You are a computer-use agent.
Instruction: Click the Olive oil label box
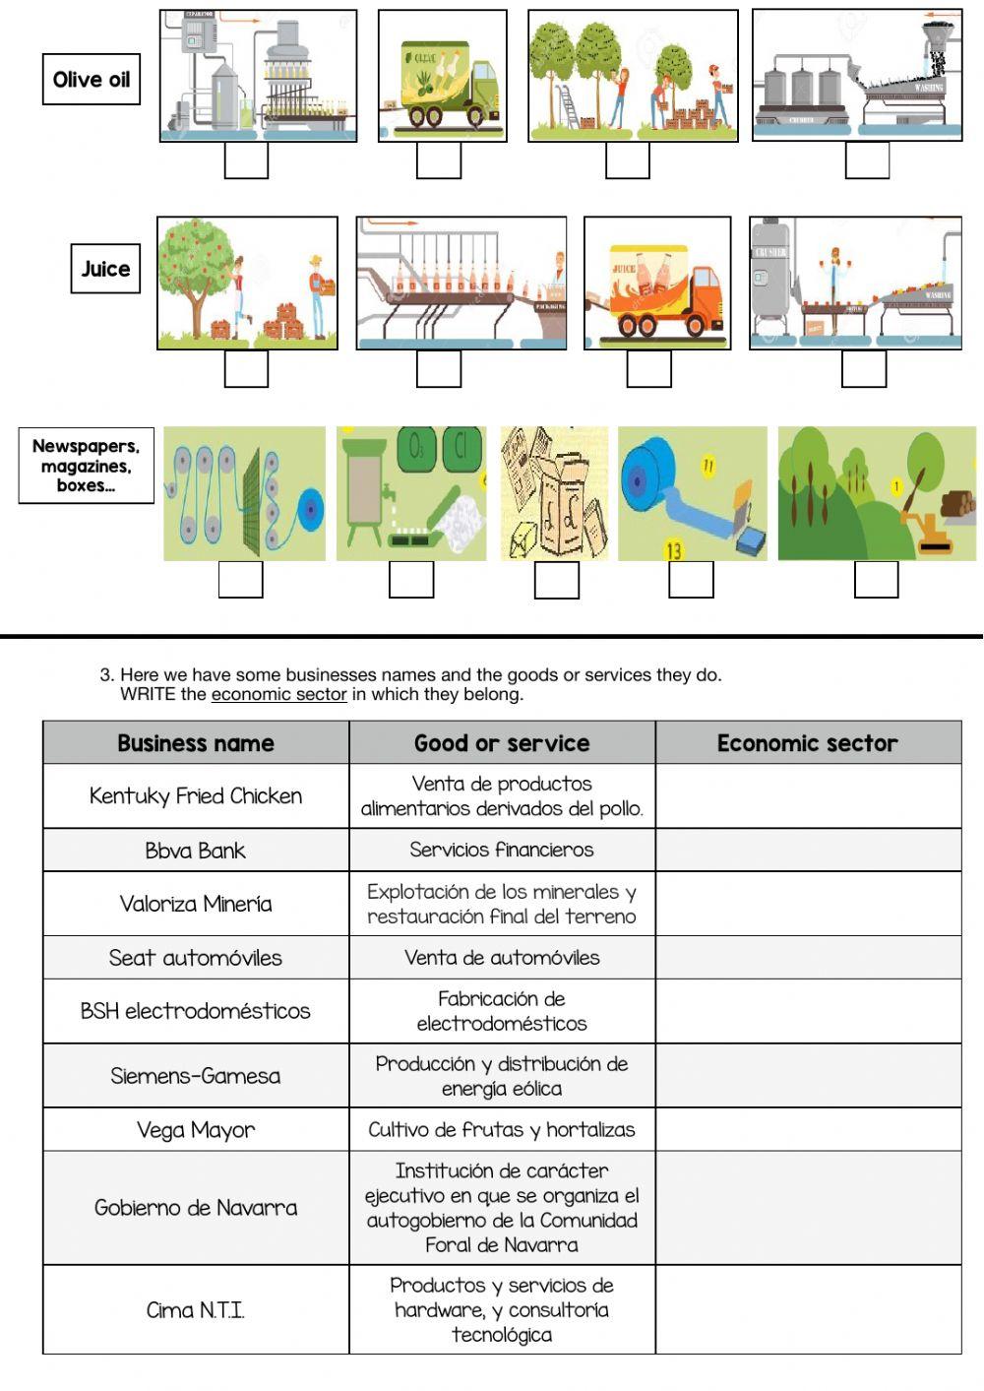(x=92, y=80)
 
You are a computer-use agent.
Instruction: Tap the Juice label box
(x=105, y=269)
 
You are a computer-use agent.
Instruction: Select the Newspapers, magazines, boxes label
(x=87, y=466)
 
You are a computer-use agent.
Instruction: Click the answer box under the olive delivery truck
(x=439, y=160)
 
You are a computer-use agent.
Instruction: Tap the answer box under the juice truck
(x=649, y=369)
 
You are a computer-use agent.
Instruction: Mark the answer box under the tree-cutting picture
(x=876, y=579)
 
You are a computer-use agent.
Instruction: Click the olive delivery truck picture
(x=443, y=76)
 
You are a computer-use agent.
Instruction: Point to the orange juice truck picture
(x=657, y=284)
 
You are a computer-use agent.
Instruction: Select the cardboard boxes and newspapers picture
(x=554, y=493)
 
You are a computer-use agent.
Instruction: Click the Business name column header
(x=196, y=743)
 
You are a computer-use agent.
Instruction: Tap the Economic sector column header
(x=808, y=743)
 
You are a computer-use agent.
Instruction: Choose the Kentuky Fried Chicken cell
(x=196, y=795)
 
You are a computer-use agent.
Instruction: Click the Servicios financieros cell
(x=502, y=850)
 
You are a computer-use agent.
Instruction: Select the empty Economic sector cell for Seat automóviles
(x=808, y=957)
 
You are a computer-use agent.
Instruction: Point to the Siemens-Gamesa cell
(x=196, y=1075)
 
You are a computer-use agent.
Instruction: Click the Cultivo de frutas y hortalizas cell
(x=502, y=1129)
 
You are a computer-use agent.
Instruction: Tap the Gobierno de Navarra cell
(x=196, y=1207)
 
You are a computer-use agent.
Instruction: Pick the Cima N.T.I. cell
(x=196, y=1309)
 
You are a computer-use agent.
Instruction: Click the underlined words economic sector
(x=278, y=694)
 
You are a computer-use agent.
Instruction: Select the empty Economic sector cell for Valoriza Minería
(x=808, y=904)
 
